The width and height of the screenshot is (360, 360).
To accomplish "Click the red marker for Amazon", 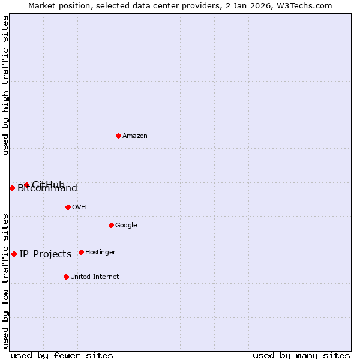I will (x=118, y=136).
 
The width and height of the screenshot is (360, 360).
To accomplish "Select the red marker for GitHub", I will (x=26, y=185).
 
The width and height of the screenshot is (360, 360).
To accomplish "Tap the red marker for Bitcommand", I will (x=12, y=188).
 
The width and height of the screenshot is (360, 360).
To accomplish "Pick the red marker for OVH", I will (x=68, y=207).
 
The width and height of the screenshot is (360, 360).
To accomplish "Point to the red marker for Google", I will (x=111, y=225).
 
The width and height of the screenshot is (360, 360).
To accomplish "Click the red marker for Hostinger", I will (x=81, y=252).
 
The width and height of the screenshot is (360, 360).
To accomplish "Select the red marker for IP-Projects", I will (x=14, y=254).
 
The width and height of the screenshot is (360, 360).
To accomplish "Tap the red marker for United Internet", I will (x=66, y=277).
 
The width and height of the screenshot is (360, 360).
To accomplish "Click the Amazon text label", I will (x=135, y=136).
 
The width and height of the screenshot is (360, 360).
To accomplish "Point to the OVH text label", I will (x=79, y=207).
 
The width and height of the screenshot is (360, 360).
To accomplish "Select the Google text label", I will (x=126, y=225).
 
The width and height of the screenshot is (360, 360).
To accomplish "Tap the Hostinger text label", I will (x=100, y=252).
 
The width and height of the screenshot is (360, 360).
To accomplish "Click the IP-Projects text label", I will (x=45, y=254).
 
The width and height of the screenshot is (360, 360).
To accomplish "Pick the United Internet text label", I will (x=94, y=277).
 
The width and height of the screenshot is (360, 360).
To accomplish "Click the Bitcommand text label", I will (x=47, y=189).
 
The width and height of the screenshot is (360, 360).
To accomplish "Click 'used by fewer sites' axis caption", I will (x=62, y=355).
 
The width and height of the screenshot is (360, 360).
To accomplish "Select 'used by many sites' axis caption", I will (x=301, y=355).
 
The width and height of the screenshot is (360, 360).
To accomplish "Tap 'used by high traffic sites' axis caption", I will (x=5, y=86).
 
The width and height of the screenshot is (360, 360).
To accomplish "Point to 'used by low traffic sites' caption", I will (x=5, y=280).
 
